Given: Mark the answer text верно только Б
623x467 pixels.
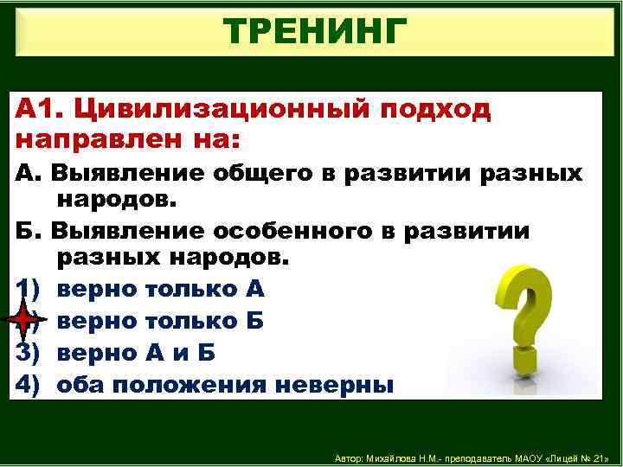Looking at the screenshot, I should (x=161, y=321).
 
